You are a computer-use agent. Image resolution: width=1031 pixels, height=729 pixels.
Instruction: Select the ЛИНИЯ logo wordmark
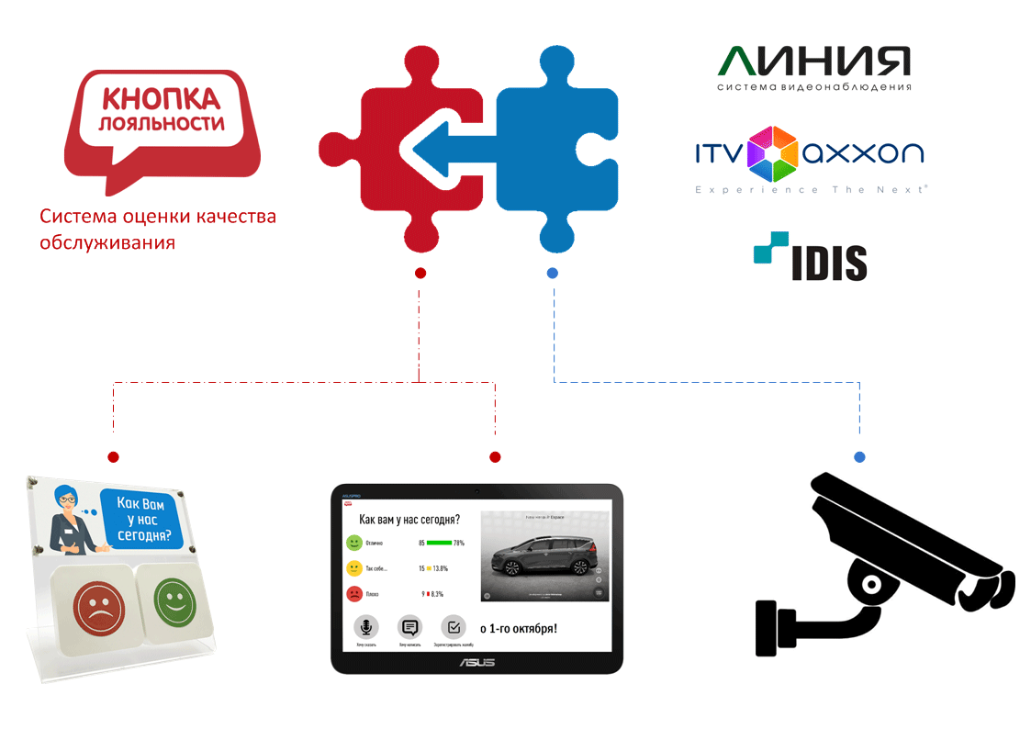(814, 62)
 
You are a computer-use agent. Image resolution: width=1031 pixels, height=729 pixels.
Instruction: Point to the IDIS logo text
(829, 263)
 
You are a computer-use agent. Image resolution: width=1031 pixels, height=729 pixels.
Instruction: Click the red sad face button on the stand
(95, 605)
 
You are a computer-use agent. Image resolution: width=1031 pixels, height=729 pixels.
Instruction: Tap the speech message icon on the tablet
(410, 627)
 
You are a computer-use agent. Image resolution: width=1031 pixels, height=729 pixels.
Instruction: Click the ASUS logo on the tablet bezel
(476, 662)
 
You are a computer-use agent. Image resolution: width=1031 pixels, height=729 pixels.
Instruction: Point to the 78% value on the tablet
(459, 544)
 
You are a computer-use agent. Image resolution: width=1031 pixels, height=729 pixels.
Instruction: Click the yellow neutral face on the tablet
(353, 568)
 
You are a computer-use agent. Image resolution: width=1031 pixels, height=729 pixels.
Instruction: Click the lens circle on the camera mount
(868, 581)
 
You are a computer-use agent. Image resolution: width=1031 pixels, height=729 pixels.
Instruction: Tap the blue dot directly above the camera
(859, 457)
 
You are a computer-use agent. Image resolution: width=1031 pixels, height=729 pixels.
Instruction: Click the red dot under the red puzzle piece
(420, 273)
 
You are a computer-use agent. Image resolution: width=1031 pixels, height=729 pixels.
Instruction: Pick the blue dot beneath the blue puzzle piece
(553, 273)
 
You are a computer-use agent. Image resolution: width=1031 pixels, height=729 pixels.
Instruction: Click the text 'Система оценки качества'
(157, 218)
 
